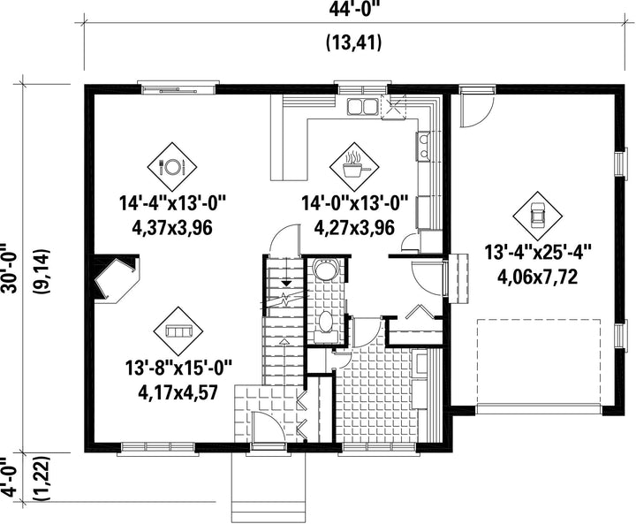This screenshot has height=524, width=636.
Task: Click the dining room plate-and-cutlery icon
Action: (172, 166)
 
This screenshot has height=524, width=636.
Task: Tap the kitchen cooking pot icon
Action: (354, 166)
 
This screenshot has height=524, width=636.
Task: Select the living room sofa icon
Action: (178, 330)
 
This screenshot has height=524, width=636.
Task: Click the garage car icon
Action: (538, 216)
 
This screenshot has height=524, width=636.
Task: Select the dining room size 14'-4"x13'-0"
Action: (172, 203)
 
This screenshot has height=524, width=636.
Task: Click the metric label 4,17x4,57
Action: (178, 392)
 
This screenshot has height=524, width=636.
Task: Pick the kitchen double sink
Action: (362, 107)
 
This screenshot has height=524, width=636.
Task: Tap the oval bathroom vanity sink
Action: (326, 321)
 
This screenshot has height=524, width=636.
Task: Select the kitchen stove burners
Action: (424, 147)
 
